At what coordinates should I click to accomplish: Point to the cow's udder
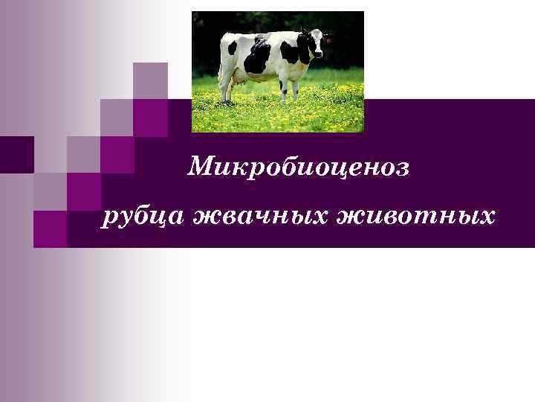[x=239, y=76]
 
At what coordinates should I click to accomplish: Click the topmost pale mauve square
[x=150, y=80]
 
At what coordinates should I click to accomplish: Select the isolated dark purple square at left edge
[x=16, y=154]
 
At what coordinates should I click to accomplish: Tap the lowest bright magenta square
[x=51, y=229]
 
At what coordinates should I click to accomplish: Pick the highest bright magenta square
[x=150, y=117]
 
